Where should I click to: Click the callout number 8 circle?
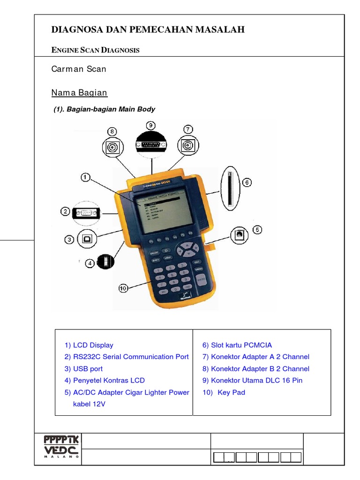(x=112, y=131)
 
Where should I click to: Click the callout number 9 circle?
(x=151, y=125)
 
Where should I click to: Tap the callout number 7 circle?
(x=188, y=129)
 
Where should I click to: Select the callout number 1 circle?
(x=85, y=178)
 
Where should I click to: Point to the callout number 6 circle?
(x=247, y=182)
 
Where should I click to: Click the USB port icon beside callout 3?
(x=87, y=239)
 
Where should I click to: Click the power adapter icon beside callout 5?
(x=239, y=234)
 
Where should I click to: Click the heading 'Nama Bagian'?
(x=79, y=93)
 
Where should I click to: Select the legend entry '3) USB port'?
(x=83, y=369)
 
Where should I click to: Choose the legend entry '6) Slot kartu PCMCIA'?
(x=237, y=345)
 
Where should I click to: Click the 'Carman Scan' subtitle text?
(x=78, y=69)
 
